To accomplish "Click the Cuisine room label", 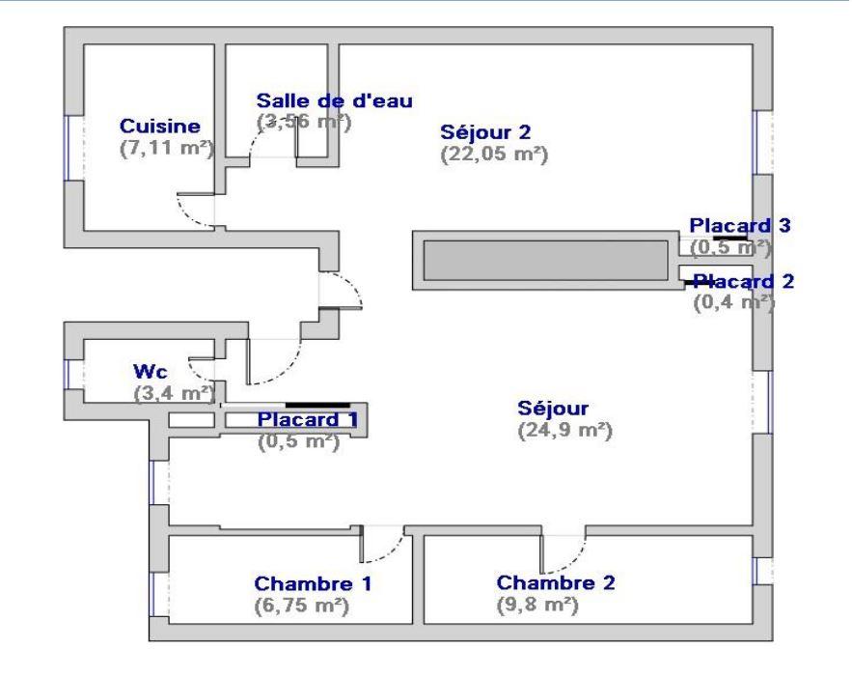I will point(159,126).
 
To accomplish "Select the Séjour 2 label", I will point(485,131).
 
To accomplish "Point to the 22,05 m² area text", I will point(494,154).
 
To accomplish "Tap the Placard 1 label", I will point(300,419).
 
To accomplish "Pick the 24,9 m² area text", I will point(565,429).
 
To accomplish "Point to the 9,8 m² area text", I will point(536,605).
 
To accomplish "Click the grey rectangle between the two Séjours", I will point(544,259).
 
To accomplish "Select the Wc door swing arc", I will point(204,368).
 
